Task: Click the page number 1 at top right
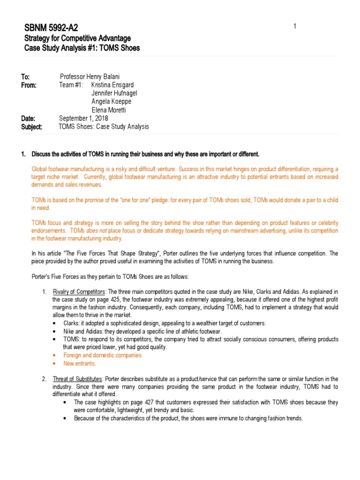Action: coord(295,26)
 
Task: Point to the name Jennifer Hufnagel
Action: coord(114,93)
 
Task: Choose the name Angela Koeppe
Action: coord(111,102)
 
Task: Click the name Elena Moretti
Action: coord(110,110)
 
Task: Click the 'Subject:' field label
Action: coord(31,127)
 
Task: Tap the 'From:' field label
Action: coord(29,85)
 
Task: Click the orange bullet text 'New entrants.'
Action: coord(80,363)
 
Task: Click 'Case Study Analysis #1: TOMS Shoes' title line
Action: coord(82,48)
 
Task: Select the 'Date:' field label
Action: coord(28,118)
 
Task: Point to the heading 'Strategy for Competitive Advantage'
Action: coord(77,38)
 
